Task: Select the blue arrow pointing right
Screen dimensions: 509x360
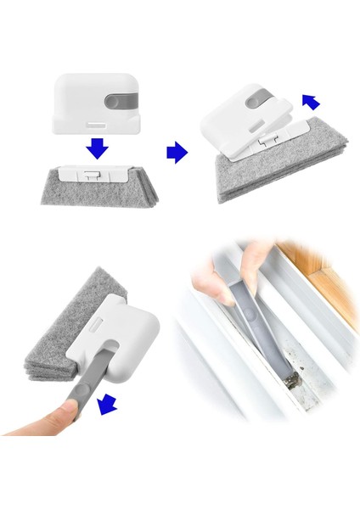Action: (176, 152)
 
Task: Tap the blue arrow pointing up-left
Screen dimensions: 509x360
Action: (311, 103)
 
